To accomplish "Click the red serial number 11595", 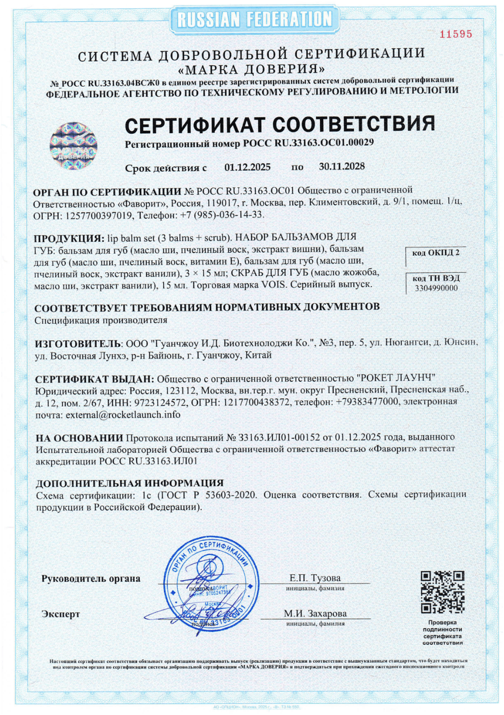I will [456, 34].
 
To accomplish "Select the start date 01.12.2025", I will [247, 167].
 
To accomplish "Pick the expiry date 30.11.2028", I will [342, 166].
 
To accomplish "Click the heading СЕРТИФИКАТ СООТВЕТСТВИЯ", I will [280, 124].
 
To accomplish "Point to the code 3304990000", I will [436, 288].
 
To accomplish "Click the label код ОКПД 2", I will [435, 253].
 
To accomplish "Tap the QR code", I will [442, 592].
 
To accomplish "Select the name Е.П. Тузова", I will [315, 578].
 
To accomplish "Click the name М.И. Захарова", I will [315, 613].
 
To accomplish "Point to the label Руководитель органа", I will [91, 578].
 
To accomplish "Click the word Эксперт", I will [61, 614].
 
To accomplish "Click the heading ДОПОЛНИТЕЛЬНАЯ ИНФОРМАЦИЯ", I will [129, 483].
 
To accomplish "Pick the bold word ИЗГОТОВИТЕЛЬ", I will [78, 343].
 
